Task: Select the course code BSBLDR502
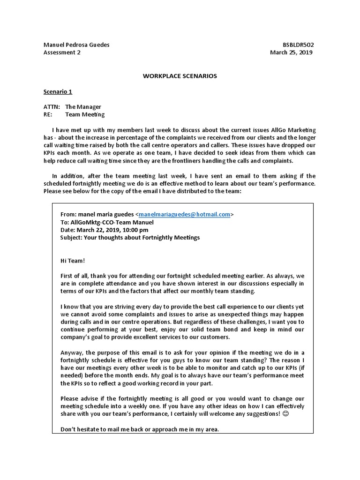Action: click(299, 45)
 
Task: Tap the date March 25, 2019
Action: click(291, 52)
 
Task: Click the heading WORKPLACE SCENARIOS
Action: click(180, 76)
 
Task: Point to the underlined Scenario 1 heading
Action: click(58, 91)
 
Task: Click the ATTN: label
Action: click(52, 107)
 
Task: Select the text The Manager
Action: click(83, 107)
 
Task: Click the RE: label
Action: click(48, 114)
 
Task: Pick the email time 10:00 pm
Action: click(135, 230)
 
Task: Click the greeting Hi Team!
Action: click(73, 261)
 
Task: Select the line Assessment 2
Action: click(62, 52)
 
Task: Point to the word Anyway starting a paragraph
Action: click(72, 352)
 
